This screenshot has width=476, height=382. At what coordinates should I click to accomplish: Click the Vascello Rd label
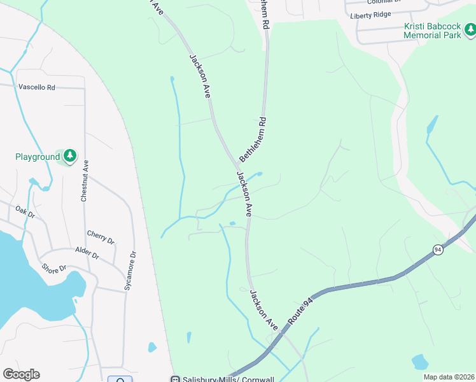[37, 87]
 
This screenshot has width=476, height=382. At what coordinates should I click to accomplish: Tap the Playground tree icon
[69, 155]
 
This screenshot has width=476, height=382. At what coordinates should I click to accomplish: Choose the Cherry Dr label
[100, 237]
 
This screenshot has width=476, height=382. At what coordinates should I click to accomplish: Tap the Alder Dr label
[87, 253]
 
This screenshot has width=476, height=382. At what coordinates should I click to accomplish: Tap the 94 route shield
[438, 250]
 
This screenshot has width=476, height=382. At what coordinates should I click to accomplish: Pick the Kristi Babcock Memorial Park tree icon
[470, 29]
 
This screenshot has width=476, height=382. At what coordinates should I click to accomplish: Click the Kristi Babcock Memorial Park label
[432, 31]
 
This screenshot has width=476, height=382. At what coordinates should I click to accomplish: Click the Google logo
[22, 374]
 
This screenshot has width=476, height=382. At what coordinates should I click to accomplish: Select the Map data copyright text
[448, 377]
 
